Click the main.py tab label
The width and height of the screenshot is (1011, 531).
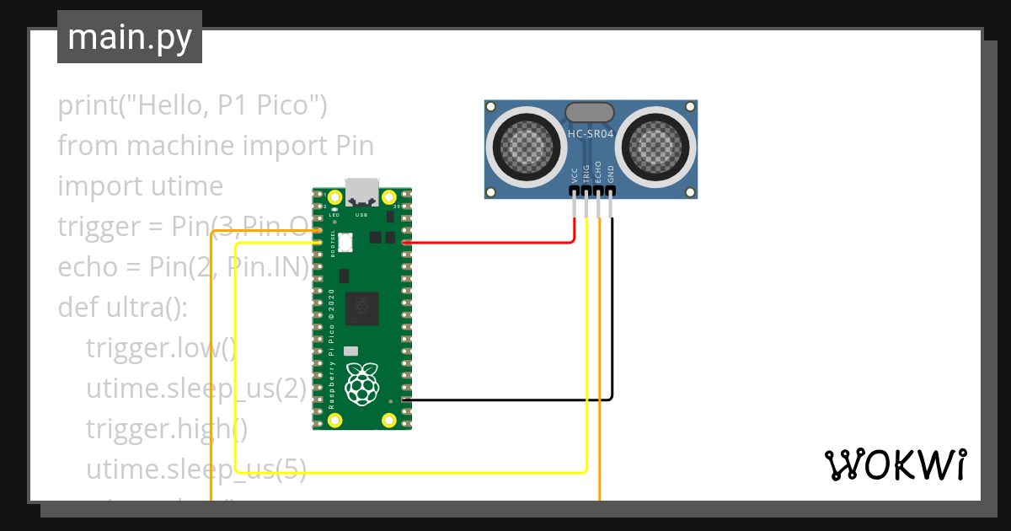pyautogui.click(x=130, y=37)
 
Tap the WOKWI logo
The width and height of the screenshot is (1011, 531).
pyautogui.click(x=894, y=464)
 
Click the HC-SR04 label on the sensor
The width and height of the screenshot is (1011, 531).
pyautogui.click(x=590, y=133)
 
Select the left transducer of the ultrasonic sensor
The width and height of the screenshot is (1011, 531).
pyautogui.click(x=528, y=144)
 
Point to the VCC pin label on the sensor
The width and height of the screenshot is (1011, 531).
pyautogui.click(x=575, y=174)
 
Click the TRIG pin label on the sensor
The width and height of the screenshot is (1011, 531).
pyautogui.click(x=587, y=173)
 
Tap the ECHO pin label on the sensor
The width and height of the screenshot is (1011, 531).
pyautogui.click(x=599, y=172)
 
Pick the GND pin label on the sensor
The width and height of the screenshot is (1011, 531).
pyautogui.click(x=611, y=174)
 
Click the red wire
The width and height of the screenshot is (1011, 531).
pyautogui.click(x=489, y=243)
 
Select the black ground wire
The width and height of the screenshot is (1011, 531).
pyautogui.click(x=505, y=399)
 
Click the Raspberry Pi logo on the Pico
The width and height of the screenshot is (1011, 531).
pyautogui.click(x=362, y=383)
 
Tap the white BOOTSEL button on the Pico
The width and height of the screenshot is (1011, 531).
pyautogui.click(x=345, y=241)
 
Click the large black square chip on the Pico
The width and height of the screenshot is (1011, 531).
pyautogui.click(x=362, y=308)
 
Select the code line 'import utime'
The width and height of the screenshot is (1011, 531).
pyautogui.click(x=141, y=185)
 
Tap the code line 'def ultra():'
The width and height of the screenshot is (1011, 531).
pyautogui.click(x=123, y=307)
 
